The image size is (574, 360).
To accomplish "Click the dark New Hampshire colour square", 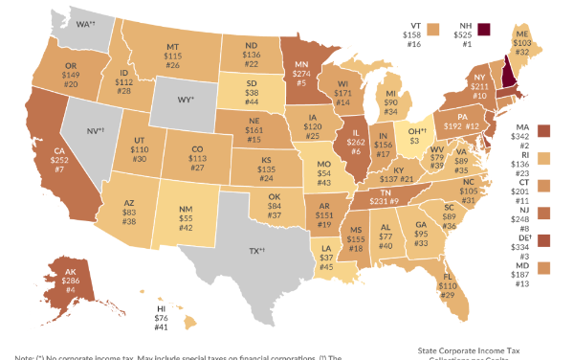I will pyautogui.click(x=484, y=29).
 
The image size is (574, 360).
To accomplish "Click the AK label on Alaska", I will pyautogui.click(x=71, y=272).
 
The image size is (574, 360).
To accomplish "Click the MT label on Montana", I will pyautogui.click(x=173, y=47).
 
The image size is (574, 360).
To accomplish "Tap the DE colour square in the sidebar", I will pyautogui.click(x=545, y=239).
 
